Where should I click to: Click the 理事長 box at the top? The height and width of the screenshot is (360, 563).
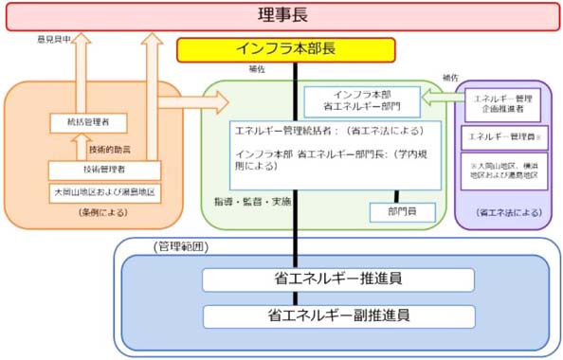pos(281,15)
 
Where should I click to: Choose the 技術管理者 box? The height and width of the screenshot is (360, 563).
pos(103,171)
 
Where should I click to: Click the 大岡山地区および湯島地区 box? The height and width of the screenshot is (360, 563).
pos(103,192)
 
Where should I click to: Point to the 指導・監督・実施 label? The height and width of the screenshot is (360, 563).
pos(253,202)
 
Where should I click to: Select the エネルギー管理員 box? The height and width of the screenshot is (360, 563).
pos(502,136)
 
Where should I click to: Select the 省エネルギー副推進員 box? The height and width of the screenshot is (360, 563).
pos(337,315)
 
